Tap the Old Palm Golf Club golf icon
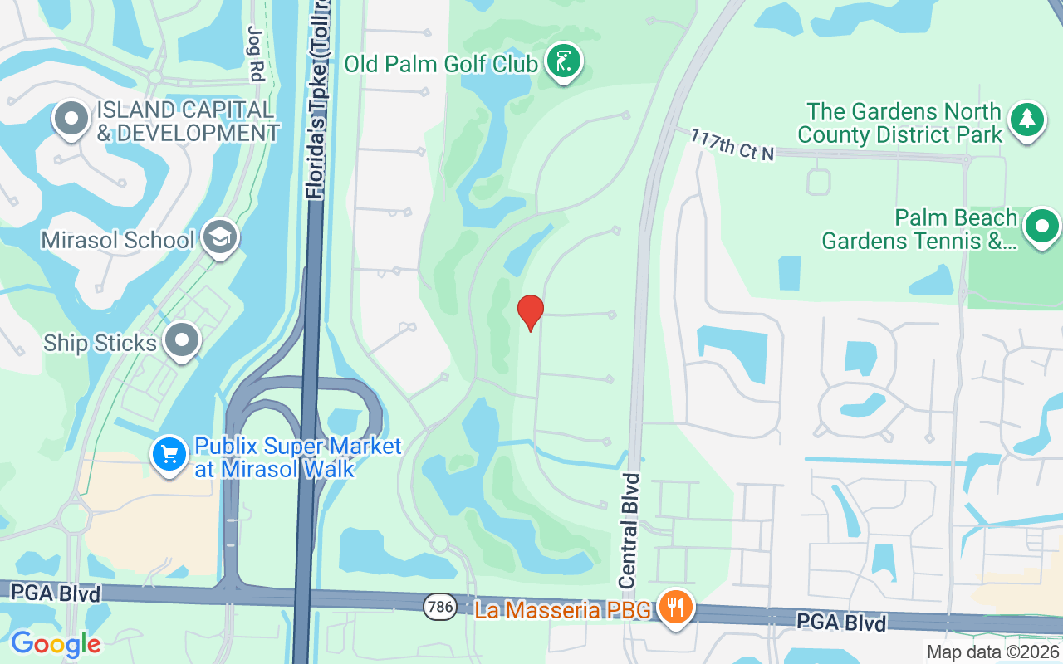[565, 62]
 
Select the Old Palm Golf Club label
[441, 64]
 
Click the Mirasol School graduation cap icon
[220, 238]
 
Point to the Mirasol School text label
[118, 240]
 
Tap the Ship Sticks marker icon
[179, 341]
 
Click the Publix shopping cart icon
[170, 455]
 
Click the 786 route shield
[439, 607]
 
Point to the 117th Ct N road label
[732, 144]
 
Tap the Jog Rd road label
[255, 52]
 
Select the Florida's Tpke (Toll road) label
[316, 100]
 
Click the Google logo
[56, 643]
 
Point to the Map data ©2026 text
[993, 652]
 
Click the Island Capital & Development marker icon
[72, 120]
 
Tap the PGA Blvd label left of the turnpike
[56, 593]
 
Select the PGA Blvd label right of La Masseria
[841, 622]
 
